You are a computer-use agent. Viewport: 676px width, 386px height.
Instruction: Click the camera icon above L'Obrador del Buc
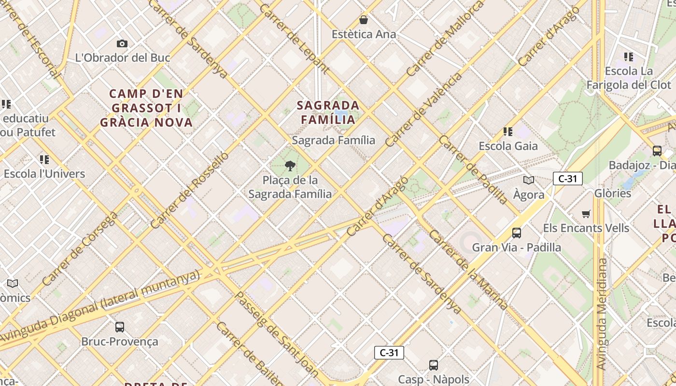tap(122, 44)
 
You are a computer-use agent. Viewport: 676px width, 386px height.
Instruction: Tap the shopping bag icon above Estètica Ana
tap(364, 20)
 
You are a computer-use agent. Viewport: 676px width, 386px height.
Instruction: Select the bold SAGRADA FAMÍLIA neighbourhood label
tap(328, 112)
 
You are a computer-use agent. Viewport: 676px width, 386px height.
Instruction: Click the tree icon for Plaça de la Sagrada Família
tap(290, 166)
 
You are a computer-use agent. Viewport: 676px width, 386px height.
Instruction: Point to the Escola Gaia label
tap(508, 146)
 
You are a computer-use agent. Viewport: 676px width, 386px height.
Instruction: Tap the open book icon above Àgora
tap(529, 180)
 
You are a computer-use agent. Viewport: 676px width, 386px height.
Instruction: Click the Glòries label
tap(613, 193)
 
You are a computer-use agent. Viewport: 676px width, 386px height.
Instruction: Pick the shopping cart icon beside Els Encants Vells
tap(586, 214)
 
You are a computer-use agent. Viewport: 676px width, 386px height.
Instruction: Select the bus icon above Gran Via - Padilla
tap(517, 233)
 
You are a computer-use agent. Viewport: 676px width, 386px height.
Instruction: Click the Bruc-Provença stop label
tap(120, 341)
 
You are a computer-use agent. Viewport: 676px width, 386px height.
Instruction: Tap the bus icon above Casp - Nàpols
tap(434, 365)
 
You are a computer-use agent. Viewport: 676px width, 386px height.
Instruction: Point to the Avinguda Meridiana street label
tap(602, 314)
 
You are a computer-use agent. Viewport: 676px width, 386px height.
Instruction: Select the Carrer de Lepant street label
tap(294, 39)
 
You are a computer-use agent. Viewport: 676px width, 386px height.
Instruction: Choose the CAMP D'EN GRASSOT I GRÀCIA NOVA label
tap(146, 108)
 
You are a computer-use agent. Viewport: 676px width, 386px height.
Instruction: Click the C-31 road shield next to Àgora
tap(567, 179)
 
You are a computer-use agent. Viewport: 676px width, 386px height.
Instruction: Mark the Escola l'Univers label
tap(44, 174)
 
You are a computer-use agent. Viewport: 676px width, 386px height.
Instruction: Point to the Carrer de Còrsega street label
tap(79, 249)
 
